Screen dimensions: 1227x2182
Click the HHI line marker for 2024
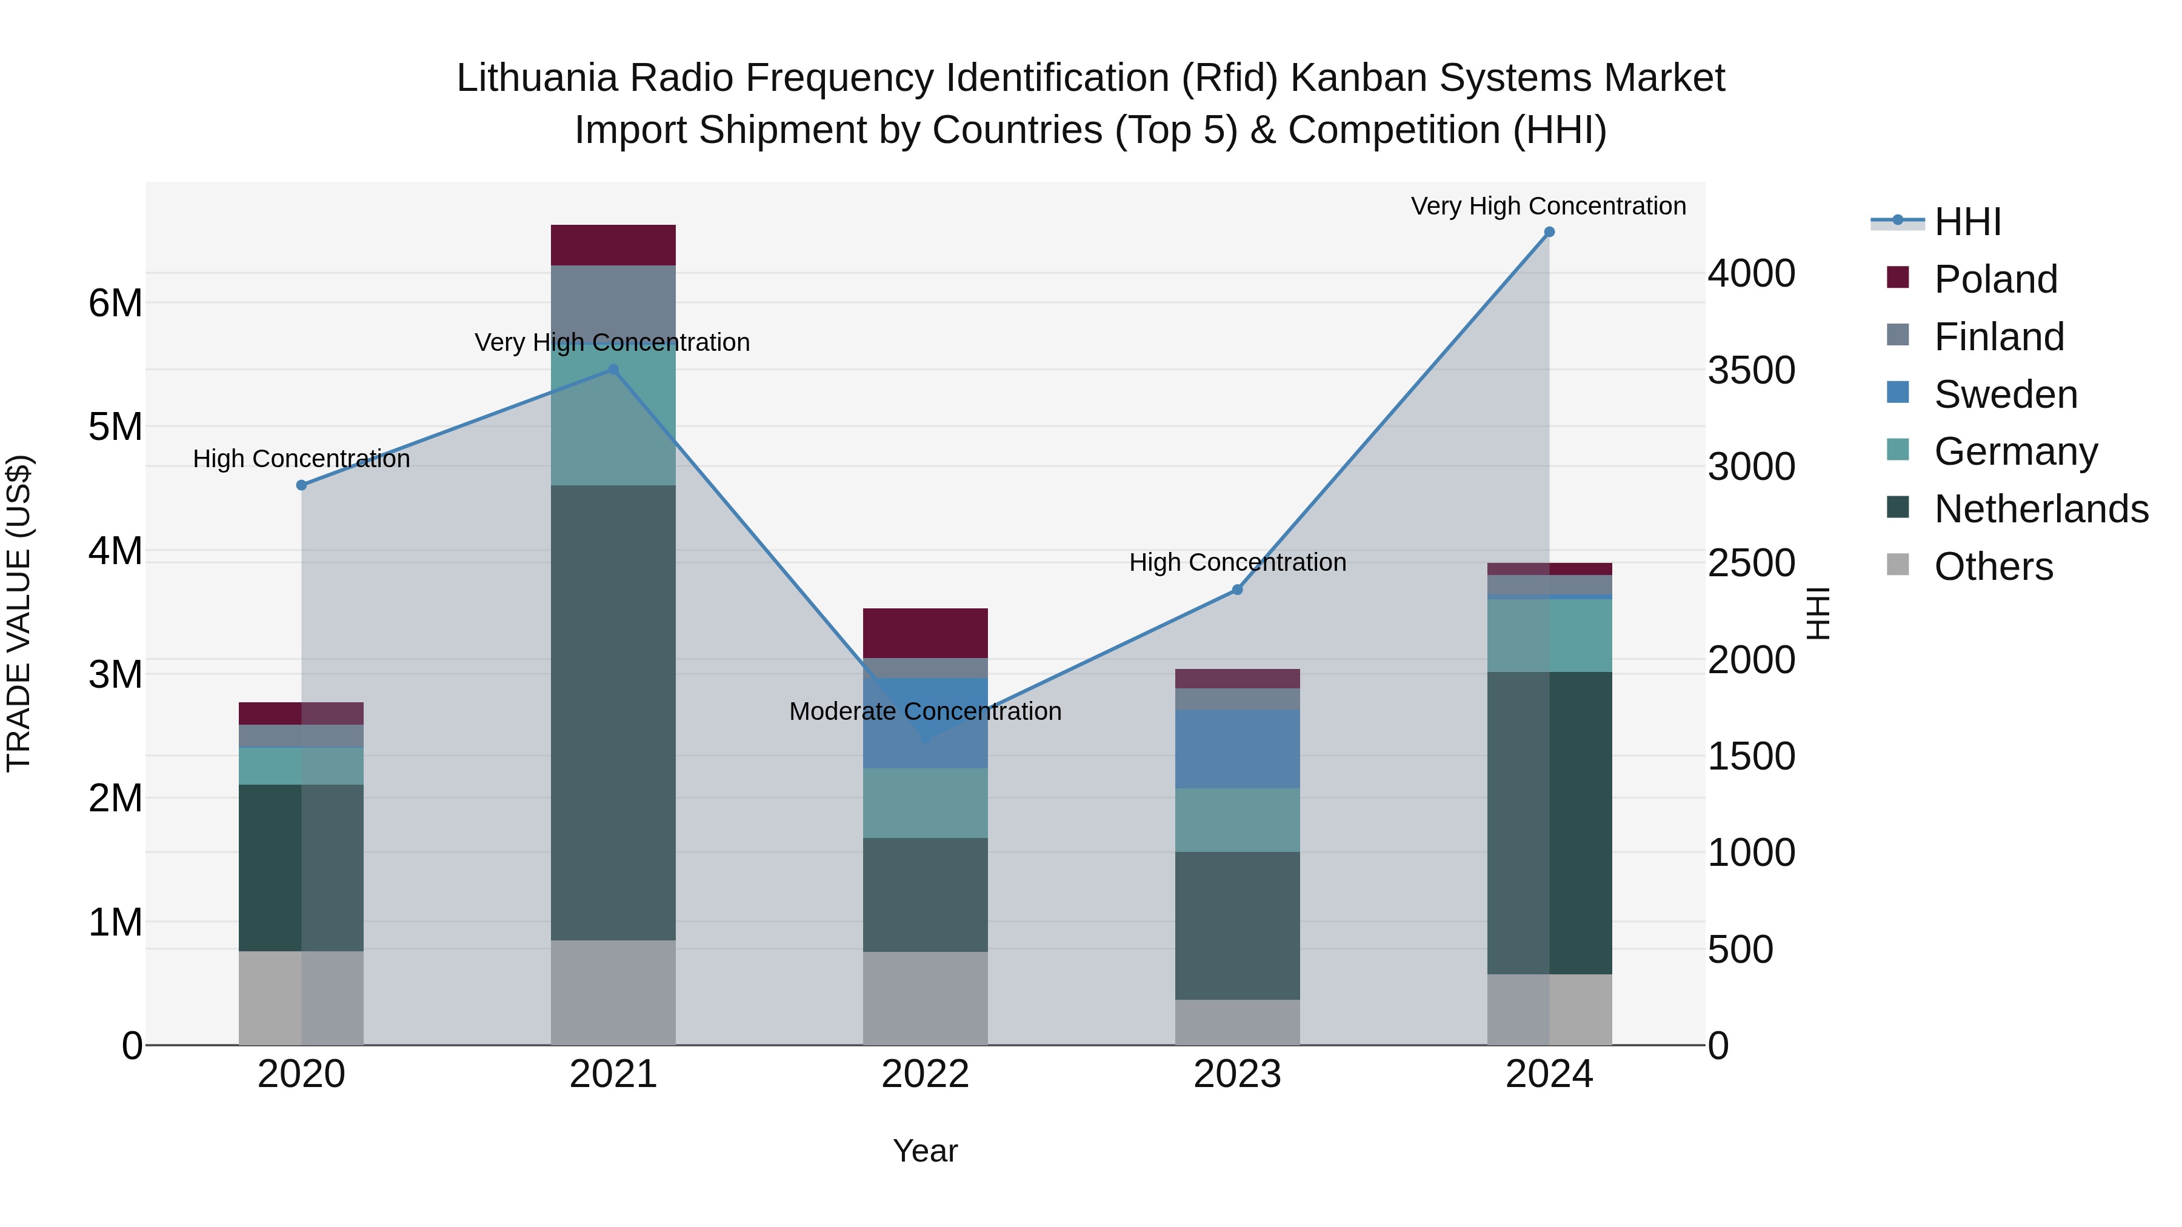coord(1549,232)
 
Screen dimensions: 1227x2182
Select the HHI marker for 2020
coord(302,485)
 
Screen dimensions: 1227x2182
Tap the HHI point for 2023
coord(1238,590)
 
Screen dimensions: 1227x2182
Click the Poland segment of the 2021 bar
coord(613,245)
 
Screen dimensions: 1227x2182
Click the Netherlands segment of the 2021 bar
coord(613,711)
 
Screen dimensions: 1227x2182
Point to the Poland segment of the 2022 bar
coord(925,633)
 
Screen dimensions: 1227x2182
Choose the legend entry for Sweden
coord(2006,394)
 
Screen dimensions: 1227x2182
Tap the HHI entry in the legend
coord(1967,222)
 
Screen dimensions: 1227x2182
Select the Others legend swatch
coord(1898,566)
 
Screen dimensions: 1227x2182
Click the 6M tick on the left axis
coord(115,303)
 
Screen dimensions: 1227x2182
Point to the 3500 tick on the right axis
coord(1751,370)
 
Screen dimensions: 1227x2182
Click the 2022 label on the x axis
coord(925,1074)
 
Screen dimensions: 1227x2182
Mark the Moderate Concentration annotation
coord(925,711)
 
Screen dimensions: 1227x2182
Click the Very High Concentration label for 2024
coord(1549,206)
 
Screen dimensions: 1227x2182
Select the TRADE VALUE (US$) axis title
coord(19,613)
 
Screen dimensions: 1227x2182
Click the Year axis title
coord(925,1151)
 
